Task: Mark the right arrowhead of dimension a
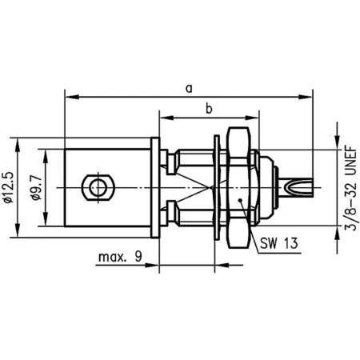pos(308,98)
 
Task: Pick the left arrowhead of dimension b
pos(163,118)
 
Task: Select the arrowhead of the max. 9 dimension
pos(155,266)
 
